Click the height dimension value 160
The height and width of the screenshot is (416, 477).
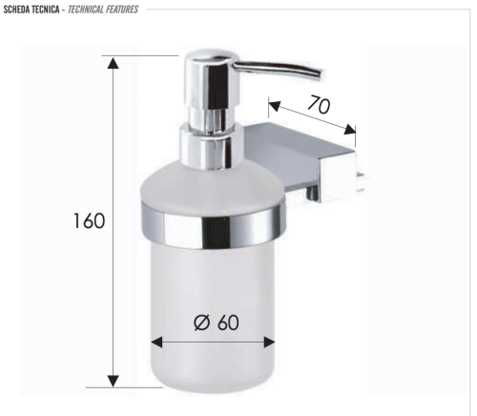[x=89, y=220]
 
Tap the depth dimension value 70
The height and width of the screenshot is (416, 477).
[x=319, y=105]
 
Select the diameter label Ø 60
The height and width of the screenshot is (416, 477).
[x=215, y=322]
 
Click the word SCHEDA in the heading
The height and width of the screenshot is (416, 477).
[x=21, y=10]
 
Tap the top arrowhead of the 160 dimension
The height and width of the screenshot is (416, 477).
[x=114, y=63]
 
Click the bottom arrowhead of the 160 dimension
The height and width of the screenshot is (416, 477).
[x=114, y=380]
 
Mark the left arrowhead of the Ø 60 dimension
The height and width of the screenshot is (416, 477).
[x=157, y=341]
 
